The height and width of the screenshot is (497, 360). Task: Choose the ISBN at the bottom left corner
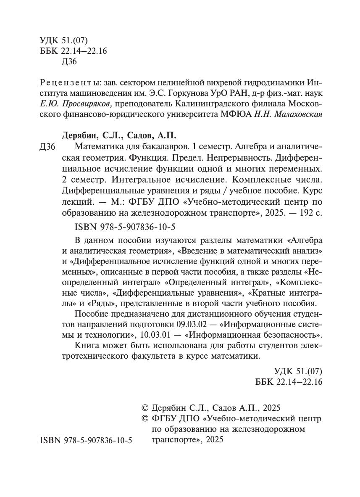point(86,440)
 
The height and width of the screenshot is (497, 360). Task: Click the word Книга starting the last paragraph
point(86,346)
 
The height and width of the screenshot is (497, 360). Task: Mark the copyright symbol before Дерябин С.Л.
point(146,408)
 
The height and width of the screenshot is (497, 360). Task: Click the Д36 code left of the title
point(47,147)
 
